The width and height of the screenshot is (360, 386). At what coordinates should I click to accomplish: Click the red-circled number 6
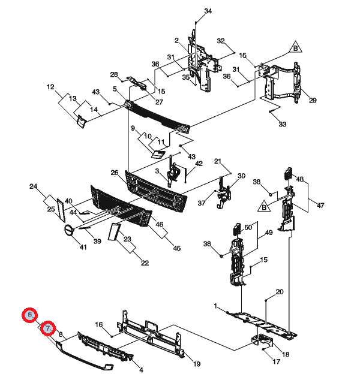pyautogui.click(x=29, y=315)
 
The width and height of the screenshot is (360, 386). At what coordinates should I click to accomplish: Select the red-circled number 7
pyautogui.click(x=48, y=328)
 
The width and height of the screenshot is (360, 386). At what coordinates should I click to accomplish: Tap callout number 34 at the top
pyautogui.click(x=208, y=11)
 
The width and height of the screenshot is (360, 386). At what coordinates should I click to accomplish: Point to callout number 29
pyautogui.click(x=313, y=100)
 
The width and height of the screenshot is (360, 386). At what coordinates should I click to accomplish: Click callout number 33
pyautogui.click(x=283, y=124)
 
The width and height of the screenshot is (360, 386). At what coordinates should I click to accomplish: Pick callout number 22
pyautogui.click(x=145, y=263)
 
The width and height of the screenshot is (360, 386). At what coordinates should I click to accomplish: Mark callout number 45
pyautogui.click(x=176, y=248)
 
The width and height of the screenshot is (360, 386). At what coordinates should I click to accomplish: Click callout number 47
pyautogui.click(x=320, y=205)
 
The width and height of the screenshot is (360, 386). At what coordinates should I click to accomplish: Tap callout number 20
pyautogui.click(x=280, y=292)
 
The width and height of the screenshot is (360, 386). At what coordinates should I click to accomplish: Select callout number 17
pyautogui.click(x=276, y=361)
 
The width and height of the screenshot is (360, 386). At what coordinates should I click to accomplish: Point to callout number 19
pyautogui.click(x=197, y=364)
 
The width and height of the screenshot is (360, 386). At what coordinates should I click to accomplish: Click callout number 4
pyautogui.click(x=141, y=370)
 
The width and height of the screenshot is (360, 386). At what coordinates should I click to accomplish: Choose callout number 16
pyautogui.click(x=99, y=324)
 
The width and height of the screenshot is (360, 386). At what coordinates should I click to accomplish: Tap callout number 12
pyautogui.click(x=50, y=87)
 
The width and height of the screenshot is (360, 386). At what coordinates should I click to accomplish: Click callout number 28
pyautogui.click(x=114, y=74)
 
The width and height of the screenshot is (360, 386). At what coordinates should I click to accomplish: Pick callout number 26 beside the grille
pyautogui.click(x=115, y=173)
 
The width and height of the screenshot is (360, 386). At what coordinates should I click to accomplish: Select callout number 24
pyautogui.click(x=33, y=186)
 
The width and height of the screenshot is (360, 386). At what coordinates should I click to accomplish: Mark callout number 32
pyautogui.click(x=221, y=41)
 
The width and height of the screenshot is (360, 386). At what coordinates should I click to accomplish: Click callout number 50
pyautogui.click(x=248, y=227)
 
